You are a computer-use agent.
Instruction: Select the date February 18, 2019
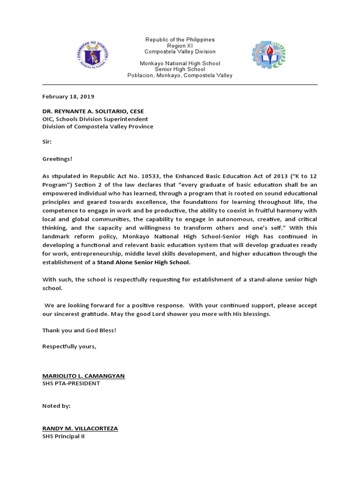(x=68, y=97)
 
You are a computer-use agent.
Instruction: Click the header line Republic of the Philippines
(x=180, y=40)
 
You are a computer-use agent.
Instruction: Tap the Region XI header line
(x=180, y=46)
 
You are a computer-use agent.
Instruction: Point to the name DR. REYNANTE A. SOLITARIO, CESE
(x=93, y=111)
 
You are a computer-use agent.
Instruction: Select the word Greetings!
(x=58, y=159)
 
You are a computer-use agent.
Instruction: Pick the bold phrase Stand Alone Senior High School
(x=143, y=262)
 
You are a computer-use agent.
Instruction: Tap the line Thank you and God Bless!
(x=79, y=330)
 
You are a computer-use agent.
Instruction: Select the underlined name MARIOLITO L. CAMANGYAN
(x=83, y=376)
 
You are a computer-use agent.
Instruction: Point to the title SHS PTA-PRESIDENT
(x=71, y=383)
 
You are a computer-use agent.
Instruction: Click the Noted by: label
(x=56, y=406)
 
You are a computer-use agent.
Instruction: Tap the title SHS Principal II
(x=64, y=435)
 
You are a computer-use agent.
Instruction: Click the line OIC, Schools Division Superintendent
(x=95, y=119)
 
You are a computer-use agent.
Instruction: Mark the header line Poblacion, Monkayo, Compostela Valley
(x=180, y=75)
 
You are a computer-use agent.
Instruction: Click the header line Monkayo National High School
(x=180, y=63)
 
